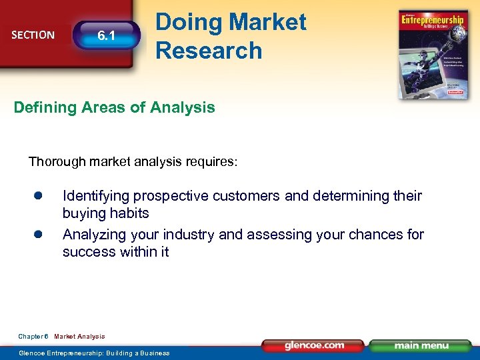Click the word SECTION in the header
[x=33, y=35]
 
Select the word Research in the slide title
[x=209, y=50]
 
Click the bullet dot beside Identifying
[x=39, y=195]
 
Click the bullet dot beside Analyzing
[x=39, y=234]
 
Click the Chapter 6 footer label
[x=33, y=337]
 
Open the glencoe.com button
[x=314, y=345]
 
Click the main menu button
[x=421, y=345]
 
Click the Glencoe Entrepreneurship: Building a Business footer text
[x=94, y=353]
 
